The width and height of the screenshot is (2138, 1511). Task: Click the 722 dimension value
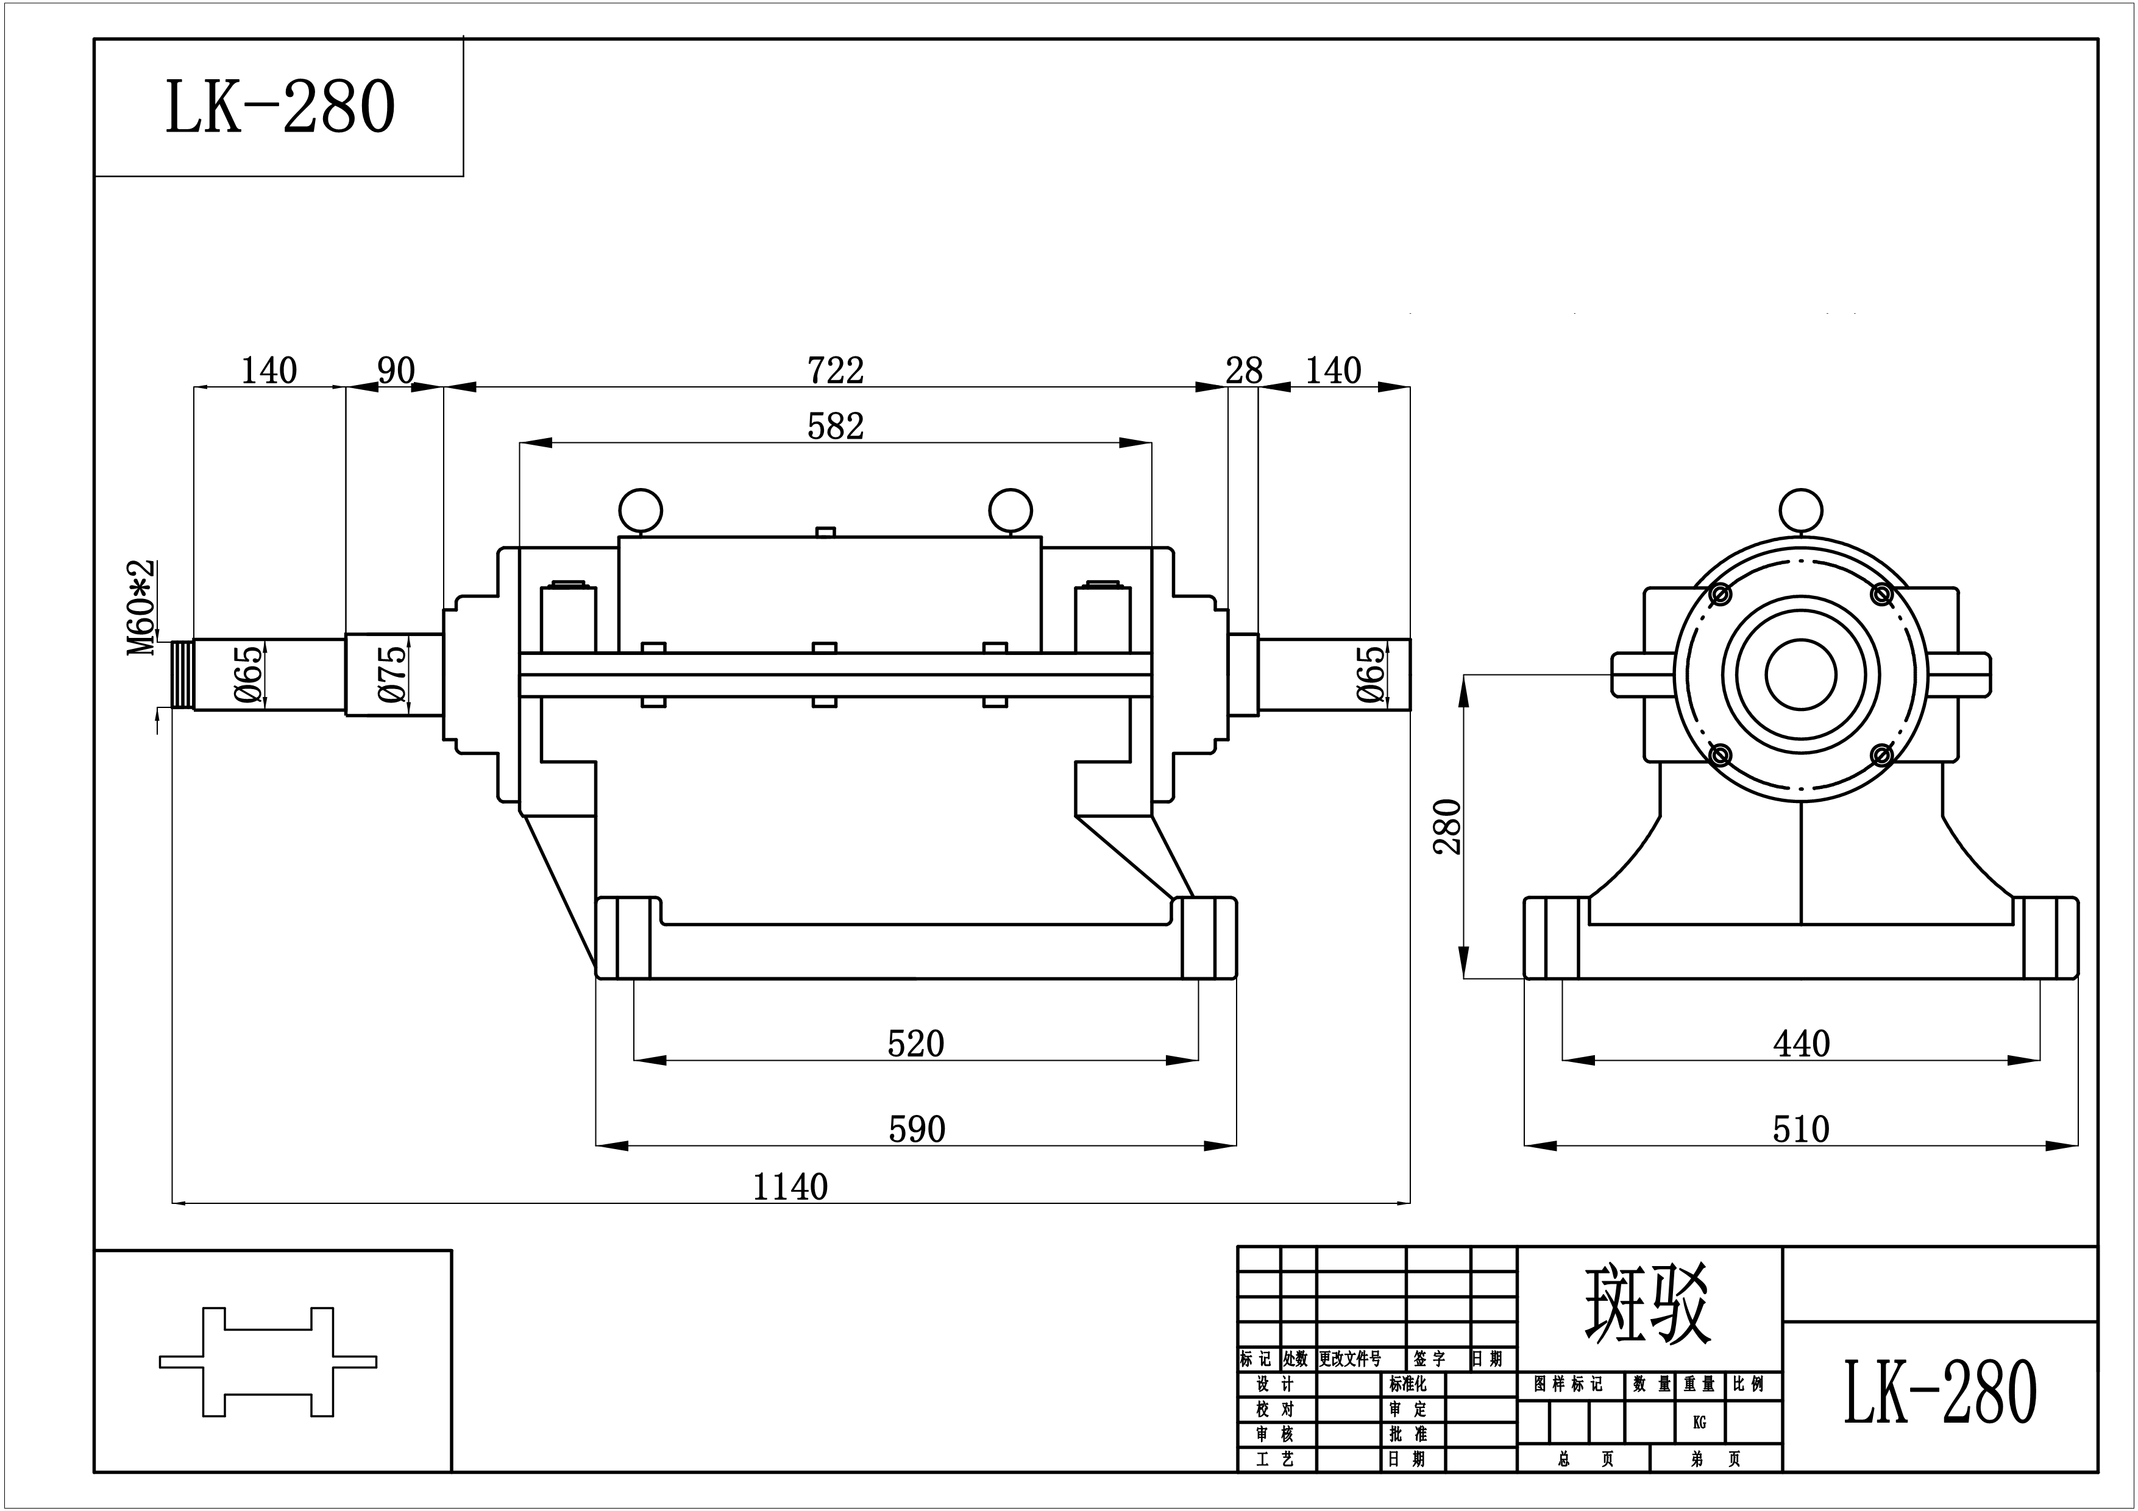[836, 370]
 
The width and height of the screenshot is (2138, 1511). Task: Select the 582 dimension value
[836, 426]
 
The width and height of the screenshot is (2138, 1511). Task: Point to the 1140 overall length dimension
[790, 1187]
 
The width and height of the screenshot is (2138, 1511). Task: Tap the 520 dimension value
[915, 1044]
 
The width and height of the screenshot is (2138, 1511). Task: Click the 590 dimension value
[916, 1130]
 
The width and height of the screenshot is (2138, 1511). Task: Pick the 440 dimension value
[1801, 1044]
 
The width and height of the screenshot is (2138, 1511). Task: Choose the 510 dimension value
[1801, 1130]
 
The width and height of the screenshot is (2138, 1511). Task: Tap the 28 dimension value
[1243, 370]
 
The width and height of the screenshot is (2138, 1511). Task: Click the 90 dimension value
[396, 370]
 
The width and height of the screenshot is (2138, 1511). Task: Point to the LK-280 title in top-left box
[280, 107]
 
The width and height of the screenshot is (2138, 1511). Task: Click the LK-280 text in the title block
[1941, 1393]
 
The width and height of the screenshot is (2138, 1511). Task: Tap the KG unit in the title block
[1699, 1423]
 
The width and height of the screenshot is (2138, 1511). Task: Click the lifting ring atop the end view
[1801, 510]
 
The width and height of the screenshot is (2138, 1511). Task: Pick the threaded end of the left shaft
[182, 675]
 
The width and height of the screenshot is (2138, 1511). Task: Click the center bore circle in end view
[1801, 674]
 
